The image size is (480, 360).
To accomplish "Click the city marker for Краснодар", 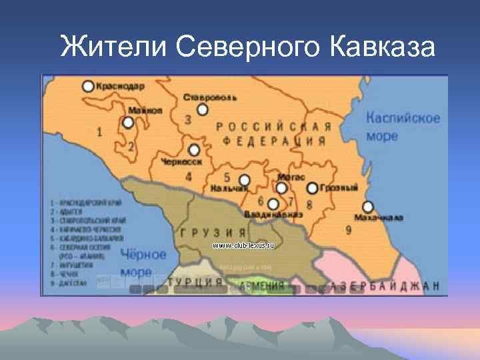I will (88, 86).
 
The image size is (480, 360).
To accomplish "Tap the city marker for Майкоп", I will (128, 123).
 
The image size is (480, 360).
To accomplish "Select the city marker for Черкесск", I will (194, 150).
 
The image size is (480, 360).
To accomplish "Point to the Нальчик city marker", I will (245, 180).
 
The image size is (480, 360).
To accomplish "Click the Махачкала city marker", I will (367, 207).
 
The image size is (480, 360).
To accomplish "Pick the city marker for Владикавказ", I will (273, 203).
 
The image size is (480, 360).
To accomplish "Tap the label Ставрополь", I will (209, 97).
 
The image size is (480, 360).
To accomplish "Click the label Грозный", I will (339, 188).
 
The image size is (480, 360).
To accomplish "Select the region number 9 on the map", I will (349, 230).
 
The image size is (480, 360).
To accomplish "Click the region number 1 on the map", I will (99, 132).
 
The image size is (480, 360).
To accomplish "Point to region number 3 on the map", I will (188, 119).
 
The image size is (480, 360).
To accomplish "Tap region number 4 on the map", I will (189, 177).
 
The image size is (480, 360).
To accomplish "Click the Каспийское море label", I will (403, 127).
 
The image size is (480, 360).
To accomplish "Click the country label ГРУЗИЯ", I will (205, 232).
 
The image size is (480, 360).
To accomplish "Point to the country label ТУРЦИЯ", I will (195, 282).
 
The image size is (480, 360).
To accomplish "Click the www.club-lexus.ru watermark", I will (243, 245).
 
